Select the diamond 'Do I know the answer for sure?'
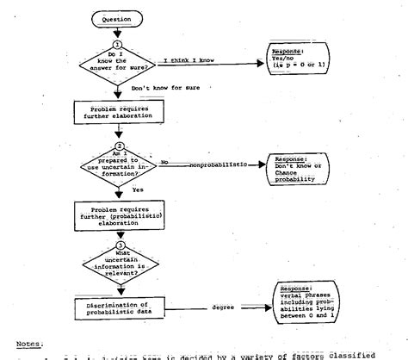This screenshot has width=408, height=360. pos(118,60)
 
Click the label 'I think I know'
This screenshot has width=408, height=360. pos(189,60)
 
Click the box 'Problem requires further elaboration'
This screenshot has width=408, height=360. pos(118,110)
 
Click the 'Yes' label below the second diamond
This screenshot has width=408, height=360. pos(138,188)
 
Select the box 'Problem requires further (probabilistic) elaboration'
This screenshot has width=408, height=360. pos(118,214)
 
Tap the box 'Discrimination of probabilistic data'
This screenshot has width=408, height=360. pos(118,307)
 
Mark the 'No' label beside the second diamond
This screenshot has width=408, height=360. pos(164,161)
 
